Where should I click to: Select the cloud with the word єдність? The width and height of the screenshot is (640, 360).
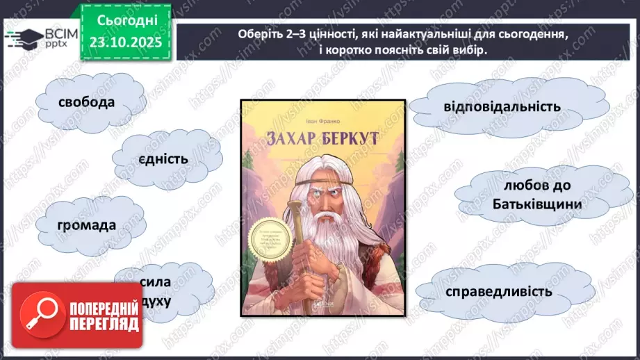(164, 159)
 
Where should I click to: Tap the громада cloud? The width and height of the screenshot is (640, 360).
(88, 225)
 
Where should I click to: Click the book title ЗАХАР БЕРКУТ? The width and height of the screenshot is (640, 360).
(322, 138)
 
